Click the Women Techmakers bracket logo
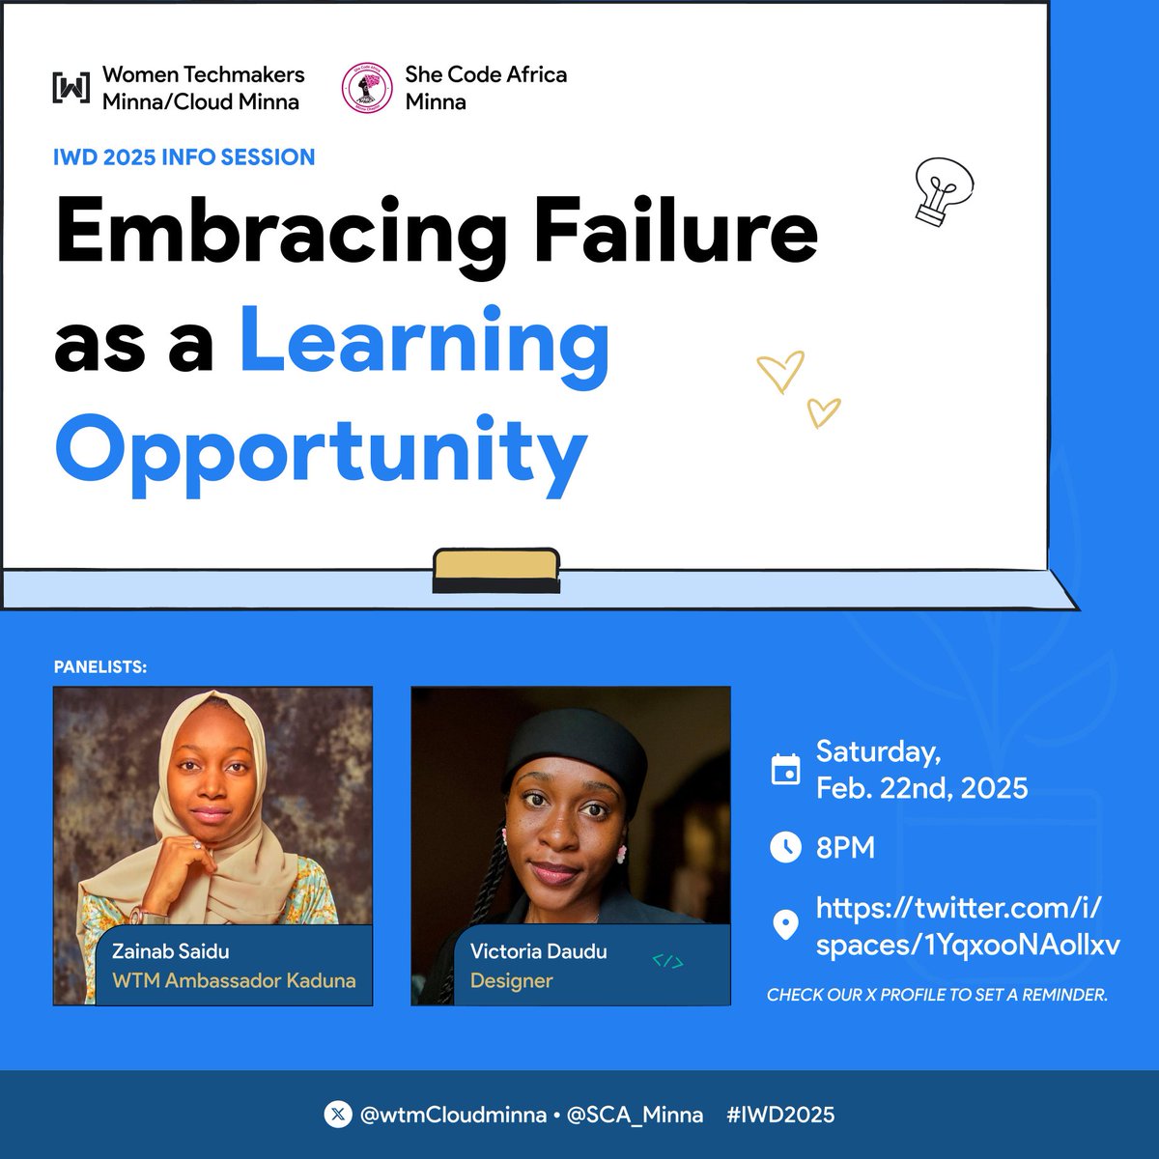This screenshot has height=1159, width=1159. [71, 88]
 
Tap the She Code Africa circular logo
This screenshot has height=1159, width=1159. [366, 88]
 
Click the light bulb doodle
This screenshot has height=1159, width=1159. [942, 191]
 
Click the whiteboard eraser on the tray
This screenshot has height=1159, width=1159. [495, 570]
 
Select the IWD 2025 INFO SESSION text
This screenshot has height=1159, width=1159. [184, 157]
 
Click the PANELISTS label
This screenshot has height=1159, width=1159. [100, 667]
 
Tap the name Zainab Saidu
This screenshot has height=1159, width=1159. [171, 951]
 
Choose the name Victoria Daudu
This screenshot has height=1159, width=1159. [538, 951]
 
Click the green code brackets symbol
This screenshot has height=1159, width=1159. [667, 961]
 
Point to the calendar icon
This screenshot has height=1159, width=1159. [786, 770]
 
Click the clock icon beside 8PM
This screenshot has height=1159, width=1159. [786, 848]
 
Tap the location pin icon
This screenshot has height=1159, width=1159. [786, 925]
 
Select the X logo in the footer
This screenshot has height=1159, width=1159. [337, 1115]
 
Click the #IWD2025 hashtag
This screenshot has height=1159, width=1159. [780, 1115]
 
